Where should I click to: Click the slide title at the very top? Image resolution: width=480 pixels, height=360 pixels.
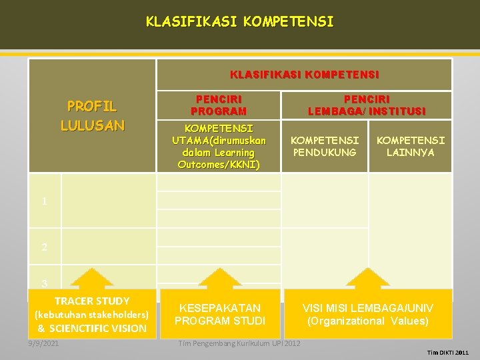pos(240,22)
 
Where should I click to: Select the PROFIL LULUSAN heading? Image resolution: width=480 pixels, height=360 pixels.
pos(92,115)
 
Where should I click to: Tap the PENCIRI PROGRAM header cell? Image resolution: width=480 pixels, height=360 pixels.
pos(218,105)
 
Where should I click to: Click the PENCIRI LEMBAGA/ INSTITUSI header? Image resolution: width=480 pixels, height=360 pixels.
pos(366,105)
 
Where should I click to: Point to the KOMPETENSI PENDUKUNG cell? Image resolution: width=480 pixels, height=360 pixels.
pos(325,147)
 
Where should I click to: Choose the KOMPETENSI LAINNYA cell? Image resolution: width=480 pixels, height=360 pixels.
pos(410,147)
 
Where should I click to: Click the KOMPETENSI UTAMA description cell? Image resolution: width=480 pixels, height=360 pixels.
pos(219,145)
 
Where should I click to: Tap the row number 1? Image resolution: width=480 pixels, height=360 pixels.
pos(44,201)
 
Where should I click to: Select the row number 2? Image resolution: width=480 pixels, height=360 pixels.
pos(44,247)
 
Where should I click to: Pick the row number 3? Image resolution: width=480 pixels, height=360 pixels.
pos(44,283)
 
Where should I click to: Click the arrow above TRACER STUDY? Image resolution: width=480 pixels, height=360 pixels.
pos(91,279)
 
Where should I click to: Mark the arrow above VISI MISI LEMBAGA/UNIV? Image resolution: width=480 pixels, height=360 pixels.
pos(367,279)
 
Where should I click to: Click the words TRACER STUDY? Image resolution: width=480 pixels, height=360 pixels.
pos(92,301)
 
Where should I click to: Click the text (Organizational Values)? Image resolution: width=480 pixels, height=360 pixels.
pos(367,321)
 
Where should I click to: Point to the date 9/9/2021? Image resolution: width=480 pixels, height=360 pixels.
pos(43,343)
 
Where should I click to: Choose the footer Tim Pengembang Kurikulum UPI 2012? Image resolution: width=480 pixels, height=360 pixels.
pos(239,343)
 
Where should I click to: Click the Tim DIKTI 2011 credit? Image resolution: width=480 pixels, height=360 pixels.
pos(448,352)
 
